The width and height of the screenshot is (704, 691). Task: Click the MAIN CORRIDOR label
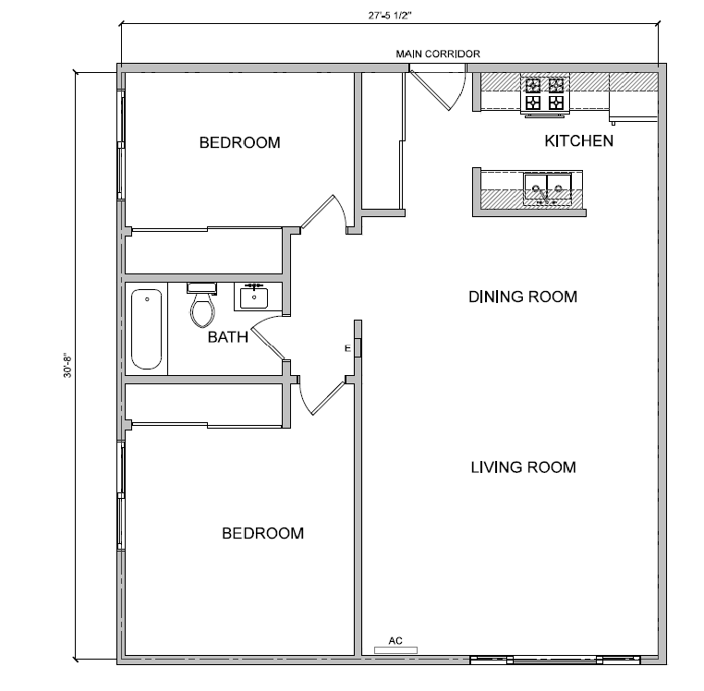[x=438, y=54]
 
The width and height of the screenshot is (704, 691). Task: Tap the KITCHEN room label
[x=578, y=141]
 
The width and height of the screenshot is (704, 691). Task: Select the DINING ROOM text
[x=522, y=297]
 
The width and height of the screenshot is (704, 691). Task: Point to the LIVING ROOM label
[x=523, y=467]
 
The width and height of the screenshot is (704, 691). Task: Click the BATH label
[x=227, y=337]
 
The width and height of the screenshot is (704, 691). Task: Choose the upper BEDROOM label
[x=239, y=142]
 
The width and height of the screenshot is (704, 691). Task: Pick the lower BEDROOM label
[x=262, y=533]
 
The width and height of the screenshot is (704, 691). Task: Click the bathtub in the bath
[x=147, y=329]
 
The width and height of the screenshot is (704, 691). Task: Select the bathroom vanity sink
[x=253, y=297]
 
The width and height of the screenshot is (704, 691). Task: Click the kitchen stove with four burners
[x=545, y=94]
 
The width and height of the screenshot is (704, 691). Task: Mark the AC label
[x=395, y=639]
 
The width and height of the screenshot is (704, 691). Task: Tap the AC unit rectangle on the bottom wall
[x=395, y=649]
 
